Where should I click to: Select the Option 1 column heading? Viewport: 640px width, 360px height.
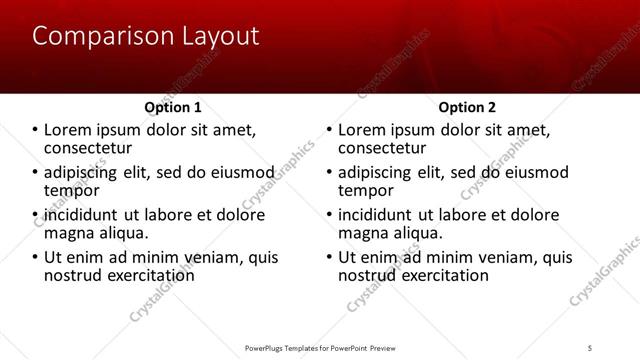[173, 107]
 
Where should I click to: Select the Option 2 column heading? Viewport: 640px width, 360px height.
[467, 107]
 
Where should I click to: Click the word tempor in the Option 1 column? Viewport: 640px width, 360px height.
[72, 190]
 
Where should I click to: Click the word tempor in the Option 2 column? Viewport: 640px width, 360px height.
[366, 190]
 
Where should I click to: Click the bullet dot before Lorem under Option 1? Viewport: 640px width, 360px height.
[35, 130]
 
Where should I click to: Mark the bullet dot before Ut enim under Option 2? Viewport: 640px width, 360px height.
[329, 257]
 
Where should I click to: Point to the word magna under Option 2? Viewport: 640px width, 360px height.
[365, 232]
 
